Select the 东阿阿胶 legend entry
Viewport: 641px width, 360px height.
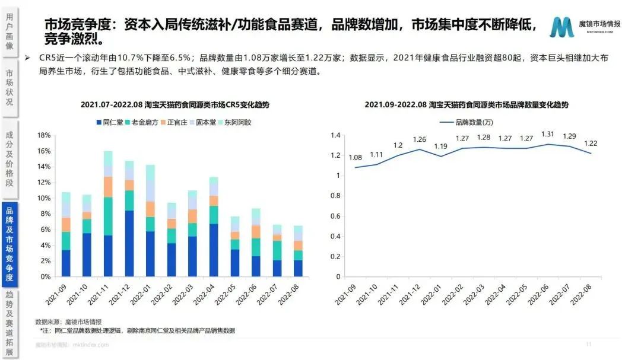pyautogui.click(x=237, y=122)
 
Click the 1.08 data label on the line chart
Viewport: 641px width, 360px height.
pyautogui.click(x=355, y=158)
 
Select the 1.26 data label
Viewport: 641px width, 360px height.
pyautogui.click(x=419, y=140)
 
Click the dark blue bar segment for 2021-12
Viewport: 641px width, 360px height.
pyautogui.click(x=129, y=243)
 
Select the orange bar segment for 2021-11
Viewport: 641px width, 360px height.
pyautogui.click(x=107, y=187)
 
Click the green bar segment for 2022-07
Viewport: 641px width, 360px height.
pyautogui.click(x=278, y=250)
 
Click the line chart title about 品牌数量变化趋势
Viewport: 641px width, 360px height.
pyautogui.click(x=467, y=104)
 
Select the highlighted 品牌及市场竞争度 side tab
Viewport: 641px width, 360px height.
pyautogui.click(x=9, y=244)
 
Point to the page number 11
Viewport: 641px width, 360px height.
pyautogui.click(x=589, y=344)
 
